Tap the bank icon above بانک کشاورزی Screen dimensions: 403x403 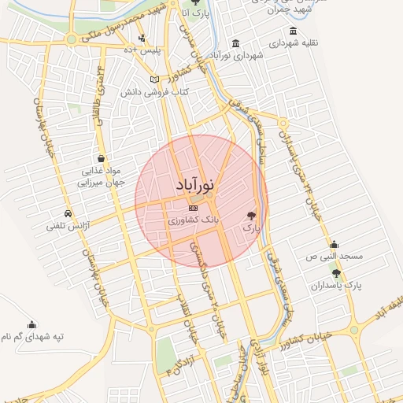click(x=194, y=209)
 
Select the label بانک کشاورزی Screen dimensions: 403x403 click(x=194, y=222)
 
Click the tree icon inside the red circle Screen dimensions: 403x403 click(x=251, y=214)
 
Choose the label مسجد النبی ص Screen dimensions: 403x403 click(x=335, y=257)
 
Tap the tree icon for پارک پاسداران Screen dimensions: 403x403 click(x=337, y=273)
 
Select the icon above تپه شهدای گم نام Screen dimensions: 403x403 click(x=32, y=324)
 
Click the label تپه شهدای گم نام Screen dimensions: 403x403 click(x=32, y=336)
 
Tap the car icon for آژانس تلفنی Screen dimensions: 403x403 click(x=68, y=213)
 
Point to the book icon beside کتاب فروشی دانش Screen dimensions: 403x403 click(x=154, y=79)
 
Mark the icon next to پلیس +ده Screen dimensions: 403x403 click(x=142, y=38)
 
